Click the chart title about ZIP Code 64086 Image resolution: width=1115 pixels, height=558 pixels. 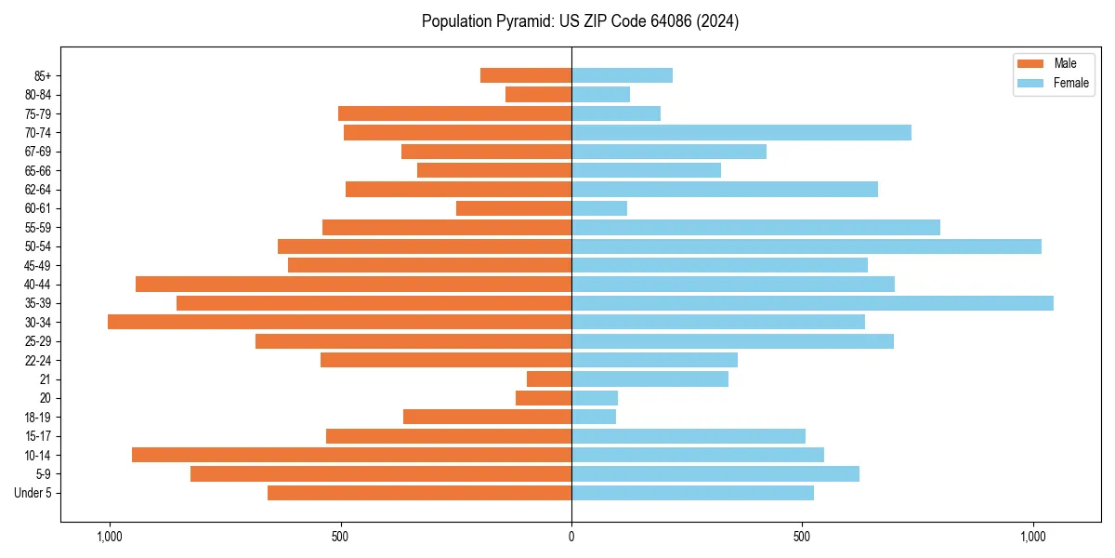pos(580,21)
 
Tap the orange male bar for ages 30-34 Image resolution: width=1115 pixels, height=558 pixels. pos(339,322)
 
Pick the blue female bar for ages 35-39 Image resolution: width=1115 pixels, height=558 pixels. pos(812,303)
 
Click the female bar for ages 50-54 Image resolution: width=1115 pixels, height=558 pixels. pos(806,246)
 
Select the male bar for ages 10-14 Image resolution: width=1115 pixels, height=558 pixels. pos(351,455)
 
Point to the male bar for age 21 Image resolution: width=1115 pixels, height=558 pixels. pos(549,379)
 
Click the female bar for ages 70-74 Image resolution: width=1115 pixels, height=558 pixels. pos(741,132)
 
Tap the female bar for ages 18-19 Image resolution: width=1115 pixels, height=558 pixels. pos(594,417)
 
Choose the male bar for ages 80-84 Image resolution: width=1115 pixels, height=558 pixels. pos(538,94)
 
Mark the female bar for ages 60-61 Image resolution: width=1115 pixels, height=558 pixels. pos(599,208)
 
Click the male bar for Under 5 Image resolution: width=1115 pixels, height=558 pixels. pos(419,493)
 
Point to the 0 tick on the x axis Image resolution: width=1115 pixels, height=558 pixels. pos(571,537)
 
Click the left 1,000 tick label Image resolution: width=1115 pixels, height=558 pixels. pos(110,537)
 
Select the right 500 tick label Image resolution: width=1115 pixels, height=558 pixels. pos(802,537)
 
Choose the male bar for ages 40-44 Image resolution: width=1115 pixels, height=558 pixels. pos(353,284)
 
